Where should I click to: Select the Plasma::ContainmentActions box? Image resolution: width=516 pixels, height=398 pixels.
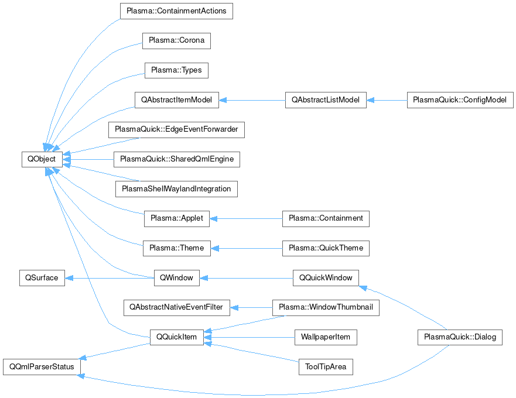[x=176, y=11]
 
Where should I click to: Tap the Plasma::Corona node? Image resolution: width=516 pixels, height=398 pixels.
[x=176, y=41]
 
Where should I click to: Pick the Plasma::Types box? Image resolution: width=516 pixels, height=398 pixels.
[x=176, y=70]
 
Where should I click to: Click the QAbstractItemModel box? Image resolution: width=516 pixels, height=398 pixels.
[x=176, y=99]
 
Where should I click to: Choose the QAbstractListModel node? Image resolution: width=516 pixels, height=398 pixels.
[x=326, y=99]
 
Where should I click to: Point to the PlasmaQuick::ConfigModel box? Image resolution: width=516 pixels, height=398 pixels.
[x=460, y=99]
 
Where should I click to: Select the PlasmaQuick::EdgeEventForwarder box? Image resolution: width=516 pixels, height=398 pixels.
[x=176, y=129]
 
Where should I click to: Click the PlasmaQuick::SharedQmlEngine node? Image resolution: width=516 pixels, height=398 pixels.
[x=176, y=159]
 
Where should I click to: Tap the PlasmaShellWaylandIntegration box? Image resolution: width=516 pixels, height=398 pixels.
[x=176, y=188]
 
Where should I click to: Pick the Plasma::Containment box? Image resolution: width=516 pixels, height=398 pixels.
[x=326, y=218]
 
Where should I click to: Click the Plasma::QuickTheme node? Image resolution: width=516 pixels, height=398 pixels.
[x=326, y=248]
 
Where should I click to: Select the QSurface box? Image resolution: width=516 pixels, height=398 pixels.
[x=42, y=277]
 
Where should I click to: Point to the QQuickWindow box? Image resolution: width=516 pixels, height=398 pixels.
[x=326, y=277]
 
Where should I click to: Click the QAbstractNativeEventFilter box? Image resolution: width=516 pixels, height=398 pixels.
[x=176, y=307]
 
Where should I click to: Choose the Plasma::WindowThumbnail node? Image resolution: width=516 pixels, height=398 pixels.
[x=326, y=307]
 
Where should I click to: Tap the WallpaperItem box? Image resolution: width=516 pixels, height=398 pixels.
[x=326, y=337]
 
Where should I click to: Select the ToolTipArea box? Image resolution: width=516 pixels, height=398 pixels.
[x=326, y=367]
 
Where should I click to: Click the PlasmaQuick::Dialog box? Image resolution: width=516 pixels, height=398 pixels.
[x=460, y=337]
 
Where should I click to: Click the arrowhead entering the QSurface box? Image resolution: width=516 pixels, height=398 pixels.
[x=68, y=278]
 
